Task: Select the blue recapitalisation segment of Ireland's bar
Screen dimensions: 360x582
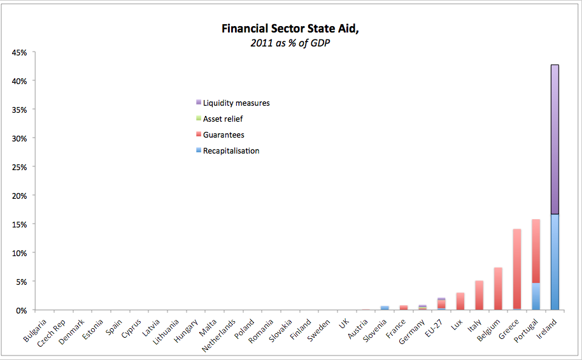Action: (555, 262)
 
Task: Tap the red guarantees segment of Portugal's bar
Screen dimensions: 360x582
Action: (536, 251)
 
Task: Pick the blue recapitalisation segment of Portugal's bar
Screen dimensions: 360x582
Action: (536, 296)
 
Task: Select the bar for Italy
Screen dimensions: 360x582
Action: (479, 295)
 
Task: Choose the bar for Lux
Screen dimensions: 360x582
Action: (460, 301)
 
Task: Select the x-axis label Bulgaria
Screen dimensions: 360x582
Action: (34, 329)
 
